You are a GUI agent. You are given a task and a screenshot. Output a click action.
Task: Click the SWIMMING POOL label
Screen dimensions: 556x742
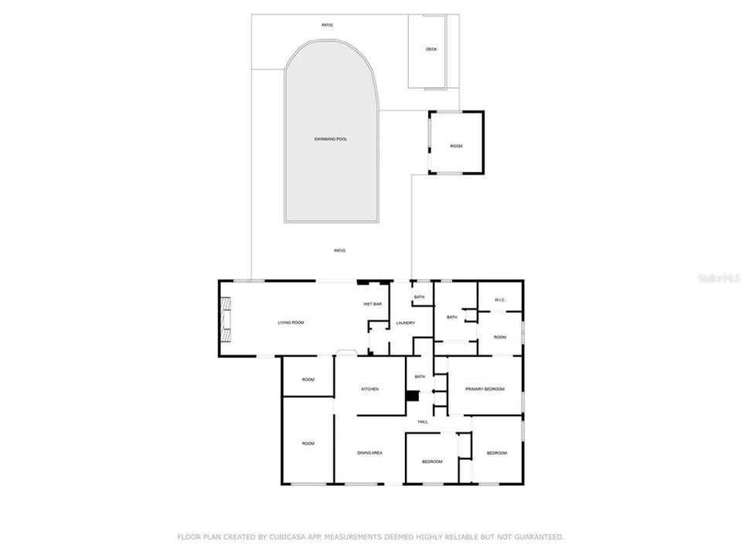point(330,139)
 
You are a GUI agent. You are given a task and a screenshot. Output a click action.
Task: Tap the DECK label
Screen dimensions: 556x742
point(431,49)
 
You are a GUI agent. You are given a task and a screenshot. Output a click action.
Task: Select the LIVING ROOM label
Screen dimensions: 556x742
point(291,322)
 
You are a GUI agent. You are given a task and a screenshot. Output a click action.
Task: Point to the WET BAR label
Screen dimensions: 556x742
point(373,304)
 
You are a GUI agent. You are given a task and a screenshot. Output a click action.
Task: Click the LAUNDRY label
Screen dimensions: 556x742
point(405,323)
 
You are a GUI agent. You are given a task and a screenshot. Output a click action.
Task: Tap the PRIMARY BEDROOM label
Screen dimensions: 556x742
point(485,389)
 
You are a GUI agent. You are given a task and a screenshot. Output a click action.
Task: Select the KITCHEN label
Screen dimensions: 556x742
point(369,389)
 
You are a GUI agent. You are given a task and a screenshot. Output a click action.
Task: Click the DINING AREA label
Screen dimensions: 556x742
point(369,453)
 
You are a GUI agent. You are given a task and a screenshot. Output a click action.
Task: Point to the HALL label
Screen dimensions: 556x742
point(423,422)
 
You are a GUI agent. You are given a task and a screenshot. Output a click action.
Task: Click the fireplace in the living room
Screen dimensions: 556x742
point(225,319)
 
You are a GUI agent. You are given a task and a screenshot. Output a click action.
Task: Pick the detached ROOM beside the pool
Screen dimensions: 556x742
point(456,146)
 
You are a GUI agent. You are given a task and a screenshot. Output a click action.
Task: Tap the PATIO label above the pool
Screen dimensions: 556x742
point(328,25)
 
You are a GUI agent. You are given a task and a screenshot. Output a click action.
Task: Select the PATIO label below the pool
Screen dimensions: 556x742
point(339,250)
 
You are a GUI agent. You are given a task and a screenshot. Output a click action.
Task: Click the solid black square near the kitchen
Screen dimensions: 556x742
point(412,396)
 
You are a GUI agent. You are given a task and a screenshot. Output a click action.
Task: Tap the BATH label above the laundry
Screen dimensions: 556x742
point(419,297)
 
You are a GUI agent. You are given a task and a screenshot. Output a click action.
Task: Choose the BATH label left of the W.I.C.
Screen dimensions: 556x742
point(451,317)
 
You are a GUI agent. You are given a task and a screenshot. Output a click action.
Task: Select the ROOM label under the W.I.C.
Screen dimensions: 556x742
point(500,337)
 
